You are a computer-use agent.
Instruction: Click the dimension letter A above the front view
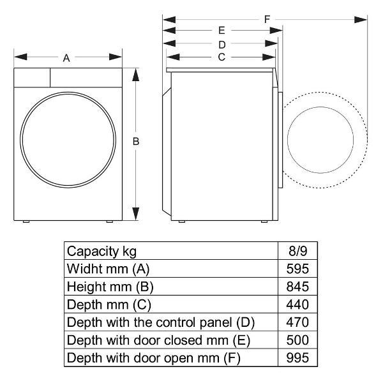click(66, 58)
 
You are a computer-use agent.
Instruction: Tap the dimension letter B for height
click(136, 142)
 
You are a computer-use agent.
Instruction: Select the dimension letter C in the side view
click(222, 57)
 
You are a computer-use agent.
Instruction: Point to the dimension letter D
click(222, 45)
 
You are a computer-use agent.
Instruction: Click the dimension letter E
click(222, 31)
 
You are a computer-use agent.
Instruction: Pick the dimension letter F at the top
click(267, 19)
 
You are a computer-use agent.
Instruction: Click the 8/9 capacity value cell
click(297, 251)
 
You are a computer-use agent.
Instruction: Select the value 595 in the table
click(297, 269)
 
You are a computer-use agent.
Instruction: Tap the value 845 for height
click(297, 287)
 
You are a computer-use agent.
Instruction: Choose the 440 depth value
click(297, 304)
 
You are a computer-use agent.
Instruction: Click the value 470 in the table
click(297, 322)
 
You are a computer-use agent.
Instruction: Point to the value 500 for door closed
click(297, 340)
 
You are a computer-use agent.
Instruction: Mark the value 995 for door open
click(297, 358)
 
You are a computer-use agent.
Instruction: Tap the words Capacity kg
click(101, 252)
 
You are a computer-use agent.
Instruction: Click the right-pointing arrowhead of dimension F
click(361, 20)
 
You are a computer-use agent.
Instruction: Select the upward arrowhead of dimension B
click(136, 75)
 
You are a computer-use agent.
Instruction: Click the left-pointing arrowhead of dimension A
click(21, 57)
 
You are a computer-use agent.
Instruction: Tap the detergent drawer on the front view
click(32, 77)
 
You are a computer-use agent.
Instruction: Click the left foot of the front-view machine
click(26, 222)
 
